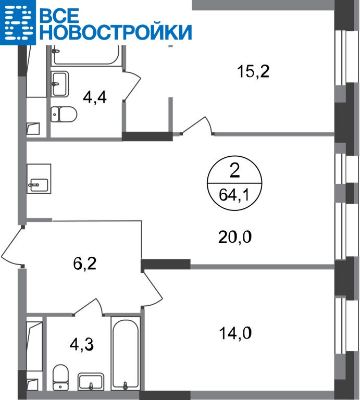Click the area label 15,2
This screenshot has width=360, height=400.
(x=253, y=71)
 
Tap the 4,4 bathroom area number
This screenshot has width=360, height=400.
(x=95, y=97)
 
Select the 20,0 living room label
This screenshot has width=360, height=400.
(x=235, y=237)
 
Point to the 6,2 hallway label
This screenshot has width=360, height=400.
(x=85, y=264)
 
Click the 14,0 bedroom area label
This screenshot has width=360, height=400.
(x=235, y=333)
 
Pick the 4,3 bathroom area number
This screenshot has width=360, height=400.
(x=82, y=345)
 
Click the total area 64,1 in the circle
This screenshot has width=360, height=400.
(x=234, y=196)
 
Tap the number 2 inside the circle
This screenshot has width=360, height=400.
(x=235, y=170)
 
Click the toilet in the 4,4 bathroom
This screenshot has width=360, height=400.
(x=64, y=114)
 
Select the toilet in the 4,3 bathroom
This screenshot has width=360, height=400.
(x=60, y=377)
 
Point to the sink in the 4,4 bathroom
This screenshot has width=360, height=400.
(x=60, y=84)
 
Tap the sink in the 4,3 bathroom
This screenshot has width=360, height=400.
(x=91, y=382)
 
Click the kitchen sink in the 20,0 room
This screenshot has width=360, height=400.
(x=39, y=179)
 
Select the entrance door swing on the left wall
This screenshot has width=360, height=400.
(x=13, y=247)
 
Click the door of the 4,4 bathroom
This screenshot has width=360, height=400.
(x=132, y=85)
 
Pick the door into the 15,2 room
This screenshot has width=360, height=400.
(x=197, y=126)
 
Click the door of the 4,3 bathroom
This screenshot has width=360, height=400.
(x=88, y=307)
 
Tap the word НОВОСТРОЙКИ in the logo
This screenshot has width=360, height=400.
(x=116, y=32)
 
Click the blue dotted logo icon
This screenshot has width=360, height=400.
(x=18, y=22)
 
